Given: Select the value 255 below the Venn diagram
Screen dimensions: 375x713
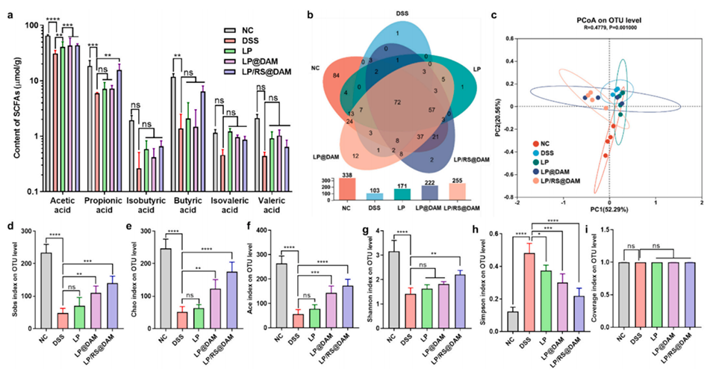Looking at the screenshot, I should tap(440, 176).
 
